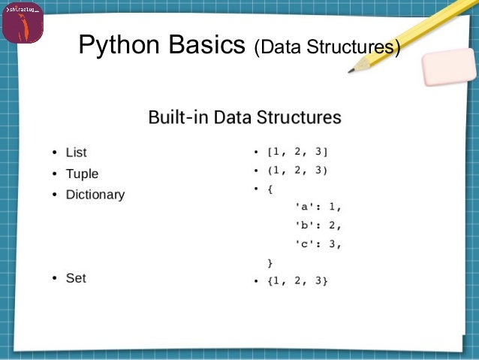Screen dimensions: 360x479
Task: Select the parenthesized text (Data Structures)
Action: click(326, 48)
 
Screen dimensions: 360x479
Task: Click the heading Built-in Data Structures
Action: click(244, 117)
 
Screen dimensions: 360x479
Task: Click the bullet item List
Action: click(76, 153)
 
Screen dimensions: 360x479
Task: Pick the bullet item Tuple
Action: click(82, 174)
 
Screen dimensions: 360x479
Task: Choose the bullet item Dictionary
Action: click(95, 195)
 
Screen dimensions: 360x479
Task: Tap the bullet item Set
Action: click(76, 278)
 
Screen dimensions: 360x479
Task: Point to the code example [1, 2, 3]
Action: click(298, 153)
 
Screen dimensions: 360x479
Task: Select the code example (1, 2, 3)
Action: click(298, 171)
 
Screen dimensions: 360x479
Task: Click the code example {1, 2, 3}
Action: click(298, 281)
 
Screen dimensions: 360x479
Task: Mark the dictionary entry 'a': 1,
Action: click(318, 207)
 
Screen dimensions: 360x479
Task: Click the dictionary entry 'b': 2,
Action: click(318, 225)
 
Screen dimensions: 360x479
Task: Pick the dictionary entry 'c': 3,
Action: click(318, 244)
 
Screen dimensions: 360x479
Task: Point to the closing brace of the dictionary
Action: click(270, 262)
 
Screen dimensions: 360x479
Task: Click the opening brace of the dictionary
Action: click(270, 189)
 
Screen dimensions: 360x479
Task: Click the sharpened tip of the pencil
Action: click(351, 71)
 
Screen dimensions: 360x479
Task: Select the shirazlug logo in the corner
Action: click(23, 23)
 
